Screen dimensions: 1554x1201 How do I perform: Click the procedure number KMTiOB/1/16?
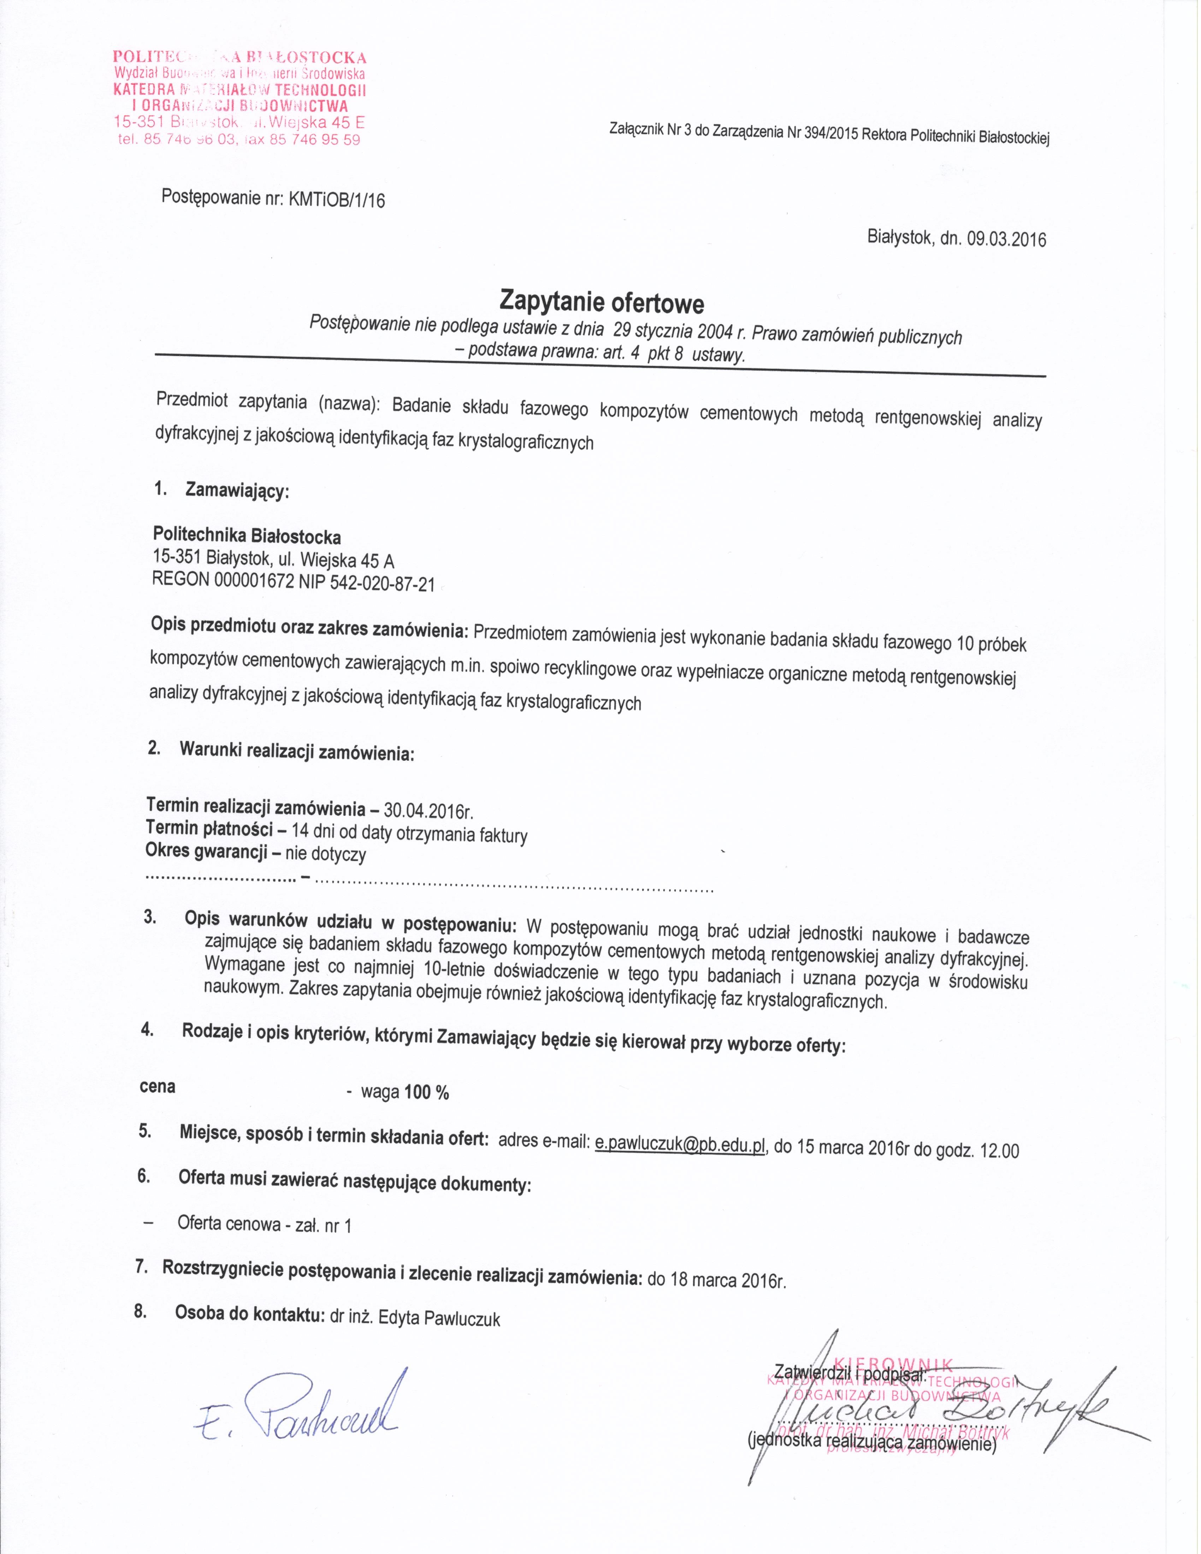tap(336, 200)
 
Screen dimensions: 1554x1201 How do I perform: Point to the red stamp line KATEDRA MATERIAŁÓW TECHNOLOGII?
tap(240, 90)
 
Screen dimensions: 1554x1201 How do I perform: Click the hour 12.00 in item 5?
tap(1000, 1151)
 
